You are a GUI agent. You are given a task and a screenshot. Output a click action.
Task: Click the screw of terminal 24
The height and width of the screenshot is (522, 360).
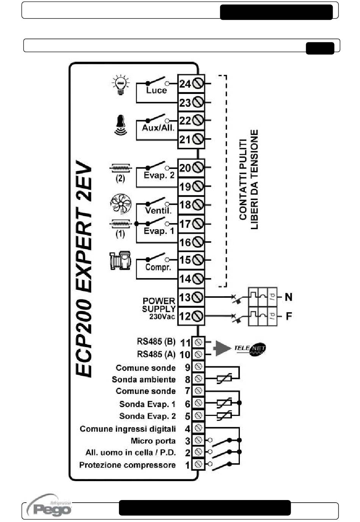click(198, 83)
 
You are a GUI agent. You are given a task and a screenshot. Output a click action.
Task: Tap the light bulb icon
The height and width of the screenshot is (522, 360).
click(120, 84)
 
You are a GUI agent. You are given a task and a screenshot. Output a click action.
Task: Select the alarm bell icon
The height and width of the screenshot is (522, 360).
click(121, 125)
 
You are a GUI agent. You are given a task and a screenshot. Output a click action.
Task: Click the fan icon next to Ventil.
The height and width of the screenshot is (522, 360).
click(121, 204)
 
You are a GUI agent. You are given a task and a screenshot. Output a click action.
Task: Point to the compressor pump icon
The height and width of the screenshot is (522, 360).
click(120, 260)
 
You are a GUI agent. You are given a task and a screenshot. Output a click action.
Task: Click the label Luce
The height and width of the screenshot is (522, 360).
click(157, 91)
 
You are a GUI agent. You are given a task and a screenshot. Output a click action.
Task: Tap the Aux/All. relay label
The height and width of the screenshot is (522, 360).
click(158, 128)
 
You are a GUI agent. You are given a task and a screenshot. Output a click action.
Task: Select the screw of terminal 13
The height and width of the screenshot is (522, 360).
click(198, 297)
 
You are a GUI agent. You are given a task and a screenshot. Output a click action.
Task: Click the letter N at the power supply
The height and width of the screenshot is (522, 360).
click(288, 297)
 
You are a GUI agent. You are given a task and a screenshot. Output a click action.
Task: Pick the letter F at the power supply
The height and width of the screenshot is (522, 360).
click(289, 316)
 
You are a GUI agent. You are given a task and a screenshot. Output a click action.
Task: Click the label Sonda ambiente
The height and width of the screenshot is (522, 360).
click(144, 380)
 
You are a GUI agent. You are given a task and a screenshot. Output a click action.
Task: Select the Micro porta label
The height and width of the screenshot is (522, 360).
click(153, 441)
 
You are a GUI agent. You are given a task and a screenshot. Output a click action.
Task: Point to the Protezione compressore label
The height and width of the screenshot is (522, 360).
click(127, 465)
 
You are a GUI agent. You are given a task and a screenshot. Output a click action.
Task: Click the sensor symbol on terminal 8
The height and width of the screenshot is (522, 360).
click(224, 379)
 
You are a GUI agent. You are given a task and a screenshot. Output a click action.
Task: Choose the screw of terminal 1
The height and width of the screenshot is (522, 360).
click(198, 464)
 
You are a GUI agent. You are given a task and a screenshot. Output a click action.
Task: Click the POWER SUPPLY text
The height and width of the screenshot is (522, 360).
click(158, 305)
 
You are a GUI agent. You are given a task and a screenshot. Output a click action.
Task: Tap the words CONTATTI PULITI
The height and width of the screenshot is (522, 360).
click(243, 180)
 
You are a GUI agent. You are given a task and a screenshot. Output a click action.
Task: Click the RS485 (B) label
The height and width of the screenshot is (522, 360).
click(156, 342)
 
